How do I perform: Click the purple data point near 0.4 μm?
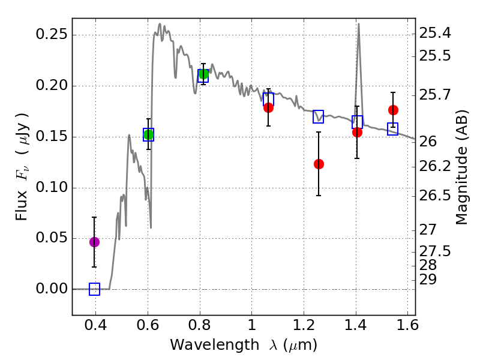click(x=94, y=242)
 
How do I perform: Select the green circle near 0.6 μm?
click(x=148, y=134)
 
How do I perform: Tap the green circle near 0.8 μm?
click(x=203, y=74)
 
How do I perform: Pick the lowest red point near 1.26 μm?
click(x=319, y=164)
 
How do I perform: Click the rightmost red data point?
click(x=393, y=110)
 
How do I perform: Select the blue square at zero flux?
click(x=94, y=289)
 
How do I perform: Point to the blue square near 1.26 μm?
click(x=318, y=116)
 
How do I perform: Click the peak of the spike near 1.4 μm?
click(x=359, y=25)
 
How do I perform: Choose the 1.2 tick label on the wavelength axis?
click(x=304, y=328)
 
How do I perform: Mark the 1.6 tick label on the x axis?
click(x=407, y=328)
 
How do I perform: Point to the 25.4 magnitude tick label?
click(x=438, y=33)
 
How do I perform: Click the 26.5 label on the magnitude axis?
click(x=438, y=196)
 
